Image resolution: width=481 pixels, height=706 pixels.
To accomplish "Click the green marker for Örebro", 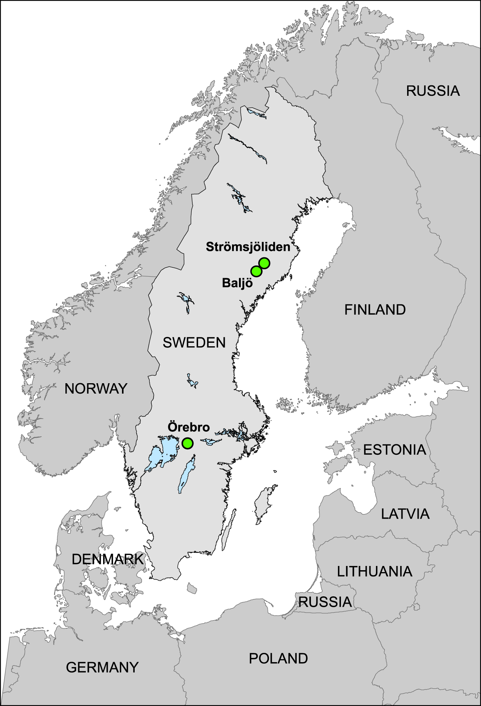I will (x=187, y=443).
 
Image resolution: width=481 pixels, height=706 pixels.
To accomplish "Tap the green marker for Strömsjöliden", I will (x=264, y=263).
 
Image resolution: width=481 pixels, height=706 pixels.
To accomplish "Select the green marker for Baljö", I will (x=256, y=271).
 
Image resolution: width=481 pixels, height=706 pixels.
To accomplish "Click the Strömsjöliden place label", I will (x=248, y=247).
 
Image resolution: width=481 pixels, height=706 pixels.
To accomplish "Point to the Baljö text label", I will (x=237, y=283).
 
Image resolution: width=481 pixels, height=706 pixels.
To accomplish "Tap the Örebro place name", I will (x=189, y=427).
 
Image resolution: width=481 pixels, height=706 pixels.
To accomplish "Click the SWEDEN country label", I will (x=194, y=342).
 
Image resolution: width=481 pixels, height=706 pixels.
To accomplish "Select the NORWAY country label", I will (x=96, y=389).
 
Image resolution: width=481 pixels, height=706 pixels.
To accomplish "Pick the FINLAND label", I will (x=375, y=310).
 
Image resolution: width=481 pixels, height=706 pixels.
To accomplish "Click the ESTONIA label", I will (x=394, y=450).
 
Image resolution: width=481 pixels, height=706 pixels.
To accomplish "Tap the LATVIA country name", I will (x=405, y=514).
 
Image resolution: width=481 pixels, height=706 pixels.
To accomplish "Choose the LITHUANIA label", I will (x=374, y=572).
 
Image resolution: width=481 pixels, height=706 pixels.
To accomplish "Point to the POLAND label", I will (x=278, y=659).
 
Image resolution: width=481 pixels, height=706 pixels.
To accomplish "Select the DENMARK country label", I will (x=107, y=559).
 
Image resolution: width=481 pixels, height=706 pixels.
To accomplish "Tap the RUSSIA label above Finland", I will (x=433, y=91).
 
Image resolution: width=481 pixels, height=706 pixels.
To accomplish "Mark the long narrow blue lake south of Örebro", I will (x=185, y=475).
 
